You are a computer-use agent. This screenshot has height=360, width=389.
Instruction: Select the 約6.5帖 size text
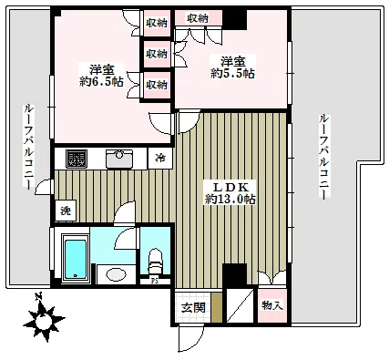point(99,81)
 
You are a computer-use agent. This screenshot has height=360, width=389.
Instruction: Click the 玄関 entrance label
point(191,306)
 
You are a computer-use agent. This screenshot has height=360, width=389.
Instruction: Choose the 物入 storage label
point(271,305)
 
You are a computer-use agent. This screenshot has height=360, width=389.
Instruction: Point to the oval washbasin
point(115,273)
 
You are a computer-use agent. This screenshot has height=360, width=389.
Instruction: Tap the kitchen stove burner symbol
point(74,158)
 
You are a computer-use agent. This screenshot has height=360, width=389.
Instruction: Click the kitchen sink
point(119,159)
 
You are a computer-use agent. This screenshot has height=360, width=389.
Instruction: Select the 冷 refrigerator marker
point(160,159)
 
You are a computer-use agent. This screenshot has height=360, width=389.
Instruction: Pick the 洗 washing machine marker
point(65,211)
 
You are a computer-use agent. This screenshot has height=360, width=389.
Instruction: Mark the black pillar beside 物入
point(234,274)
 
